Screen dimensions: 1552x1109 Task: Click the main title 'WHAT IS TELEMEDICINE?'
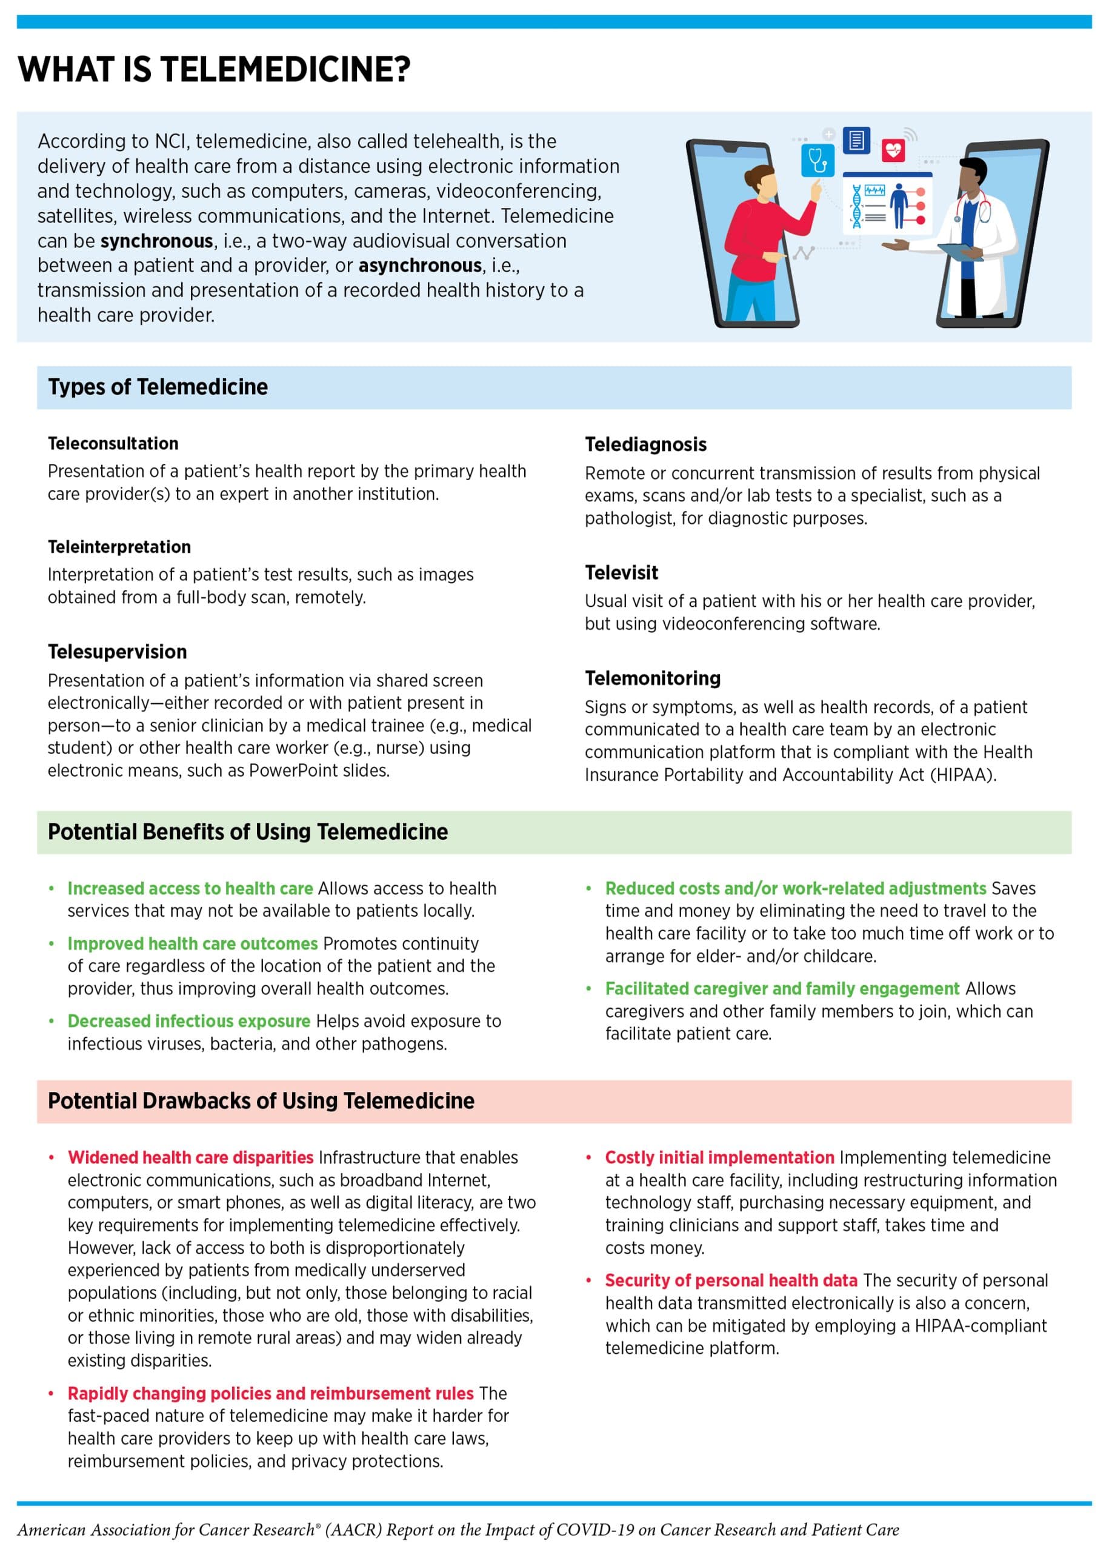(214, 70)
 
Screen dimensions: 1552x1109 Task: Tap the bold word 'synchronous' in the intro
(156, 241)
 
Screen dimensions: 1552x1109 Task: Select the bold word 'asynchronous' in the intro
(420, 266)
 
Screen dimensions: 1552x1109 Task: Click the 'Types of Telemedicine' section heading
(158, 387)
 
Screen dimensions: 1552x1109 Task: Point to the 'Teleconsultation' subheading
(113, 443)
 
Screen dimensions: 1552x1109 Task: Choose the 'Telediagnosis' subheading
(645, 445)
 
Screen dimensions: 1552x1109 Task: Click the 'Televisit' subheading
(621, 572)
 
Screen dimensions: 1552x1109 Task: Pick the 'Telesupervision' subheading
(117, 652)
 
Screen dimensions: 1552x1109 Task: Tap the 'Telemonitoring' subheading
(652, 678)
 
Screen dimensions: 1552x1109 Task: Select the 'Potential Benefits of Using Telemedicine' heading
(248, 832)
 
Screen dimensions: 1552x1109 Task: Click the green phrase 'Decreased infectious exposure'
(188, 1022)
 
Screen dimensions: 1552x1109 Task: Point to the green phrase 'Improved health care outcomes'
(193, 944)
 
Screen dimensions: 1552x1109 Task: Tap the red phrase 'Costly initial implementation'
(719, 1158)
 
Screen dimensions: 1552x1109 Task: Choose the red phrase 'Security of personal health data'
(731, 1281)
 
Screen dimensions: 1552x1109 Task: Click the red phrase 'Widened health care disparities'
(190, 1158)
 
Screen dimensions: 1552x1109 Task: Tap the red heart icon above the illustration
(893, 150)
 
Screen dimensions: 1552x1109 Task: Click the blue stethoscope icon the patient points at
(818, 160)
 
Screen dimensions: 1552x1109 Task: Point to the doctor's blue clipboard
(959, 252)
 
